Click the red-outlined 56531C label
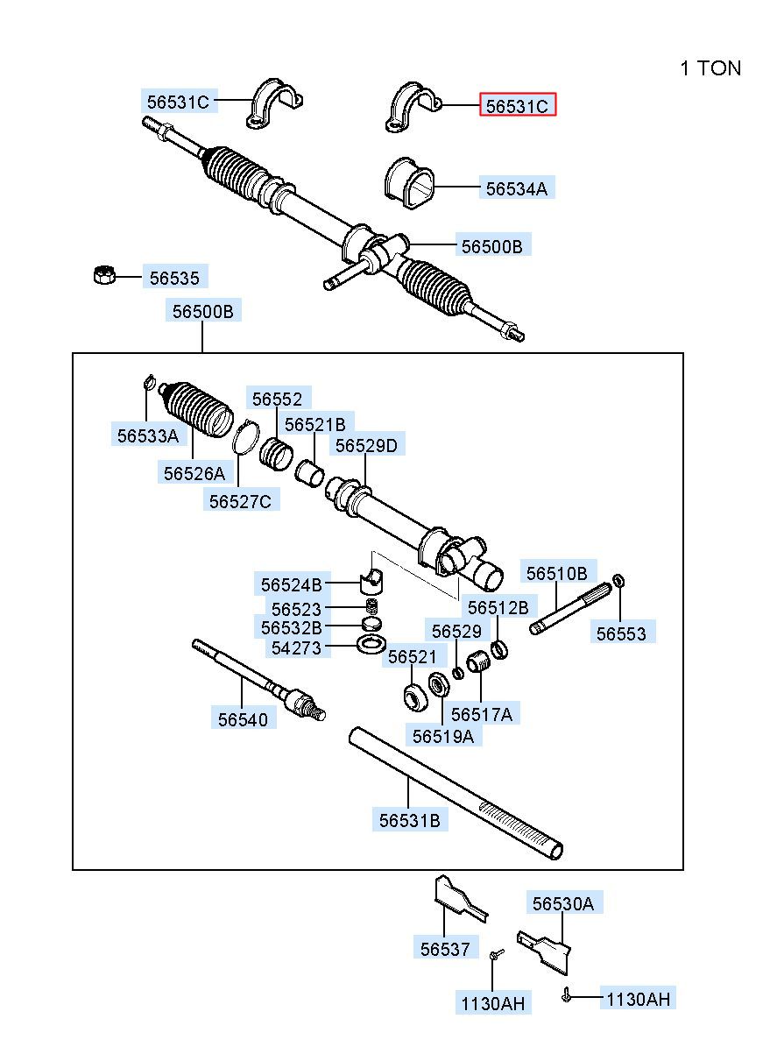point(517,106)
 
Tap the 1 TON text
point(710,68)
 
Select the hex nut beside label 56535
point(104,275)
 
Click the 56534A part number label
point(517,187)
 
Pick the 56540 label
point(243,718)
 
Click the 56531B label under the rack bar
point(409,820)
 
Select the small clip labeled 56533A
point(149,382)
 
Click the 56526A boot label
point(194,473)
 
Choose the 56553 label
point(621,633)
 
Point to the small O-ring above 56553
point(619,580)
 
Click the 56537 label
point(444,948)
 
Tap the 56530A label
point(562,903)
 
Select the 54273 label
point(296,647)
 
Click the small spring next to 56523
point(371,606)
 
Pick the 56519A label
point(442,736)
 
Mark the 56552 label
point(277,399)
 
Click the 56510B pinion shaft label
point(556,574)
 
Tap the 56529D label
point(366,445)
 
